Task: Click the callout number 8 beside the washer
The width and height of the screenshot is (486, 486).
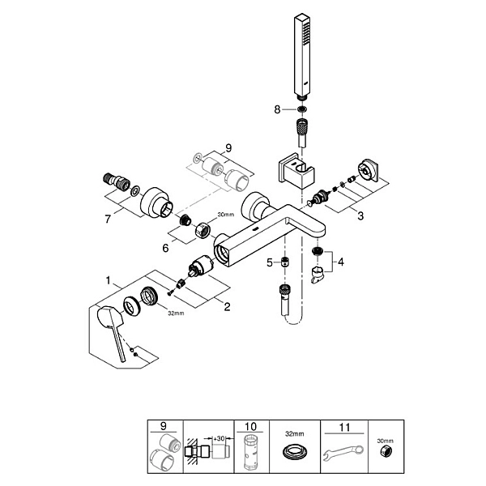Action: (x=277, y=109)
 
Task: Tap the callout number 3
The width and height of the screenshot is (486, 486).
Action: (x=360, y=215)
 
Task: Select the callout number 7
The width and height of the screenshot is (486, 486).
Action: (x=108, y=220)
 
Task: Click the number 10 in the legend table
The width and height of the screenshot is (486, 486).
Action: (x=251, y=427)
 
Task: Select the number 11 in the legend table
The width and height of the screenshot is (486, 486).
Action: (x=344, y=428)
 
